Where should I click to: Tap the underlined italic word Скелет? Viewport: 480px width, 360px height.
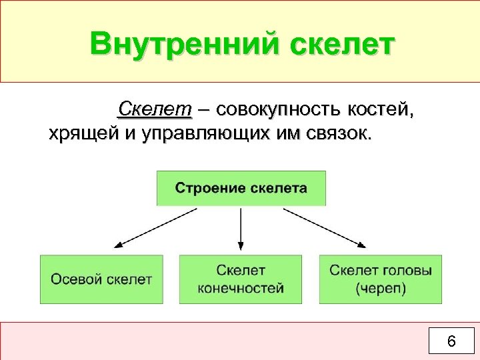click(154, 109)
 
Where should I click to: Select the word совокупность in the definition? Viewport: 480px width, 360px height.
click(281, 109)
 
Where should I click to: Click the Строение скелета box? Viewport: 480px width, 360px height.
click(241, 188)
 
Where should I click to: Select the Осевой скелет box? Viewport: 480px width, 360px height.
click(101, 279)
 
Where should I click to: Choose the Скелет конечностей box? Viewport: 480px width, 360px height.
click(241, 279)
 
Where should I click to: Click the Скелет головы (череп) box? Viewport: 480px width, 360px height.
click(381, 279)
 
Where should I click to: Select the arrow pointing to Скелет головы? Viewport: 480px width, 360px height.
click(325, 229)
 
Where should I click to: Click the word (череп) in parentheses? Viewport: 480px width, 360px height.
click(381, 289)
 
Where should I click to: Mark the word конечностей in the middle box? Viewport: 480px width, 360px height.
click(241, 289)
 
